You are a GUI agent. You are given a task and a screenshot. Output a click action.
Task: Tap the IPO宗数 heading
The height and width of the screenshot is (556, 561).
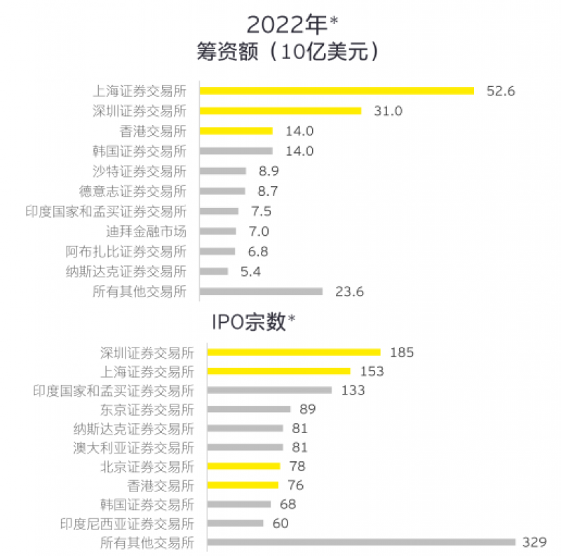click(253, 322)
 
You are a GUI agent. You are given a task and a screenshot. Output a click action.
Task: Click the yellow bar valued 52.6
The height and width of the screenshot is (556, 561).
click(337, 91)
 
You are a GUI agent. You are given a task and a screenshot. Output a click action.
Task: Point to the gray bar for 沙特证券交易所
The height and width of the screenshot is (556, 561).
click(222, 171)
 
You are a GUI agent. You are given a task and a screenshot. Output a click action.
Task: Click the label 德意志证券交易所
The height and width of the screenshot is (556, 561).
click(133, 191)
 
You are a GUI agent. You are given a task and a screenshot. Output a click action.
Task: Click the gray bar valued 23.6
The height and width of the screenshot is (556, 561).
click(261, 291)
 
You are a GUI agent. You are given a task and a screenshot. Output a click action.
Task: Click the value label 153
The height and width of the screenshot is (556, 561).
click(372, 371)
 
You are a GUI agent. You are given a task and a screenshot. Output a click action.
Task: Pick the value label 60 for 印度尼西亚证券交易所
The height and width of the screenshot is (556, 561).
click(280, 523)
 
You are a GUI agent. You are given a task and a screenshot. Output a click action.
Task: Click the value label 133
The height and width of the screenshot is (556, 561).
click(353, 390)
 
